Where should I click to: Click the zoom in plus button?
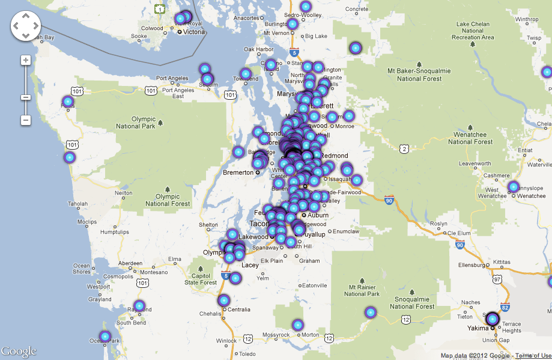point(26,60)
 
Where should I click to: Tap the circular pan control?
point(25,26)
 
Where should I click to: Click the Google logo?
point(19,351)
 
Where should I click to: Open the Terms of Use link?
point(533,356)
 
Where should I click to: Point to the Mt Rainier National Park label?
point(362,290)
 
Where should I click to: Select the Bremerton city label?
point(238,172)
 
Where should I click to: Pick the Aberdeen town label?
point(130,263)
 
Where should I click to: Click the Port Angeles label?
point(172,78)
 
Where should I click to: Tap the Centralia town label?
point(239,310)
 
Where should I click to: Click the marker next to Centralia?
point(224,301)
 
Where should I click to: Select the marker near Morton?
point(298,325)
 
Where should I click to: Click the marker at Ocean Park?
point(106,336)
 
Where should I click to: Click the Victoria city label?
point(195,32)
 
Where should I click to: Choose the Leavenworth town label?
point(475,163)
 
